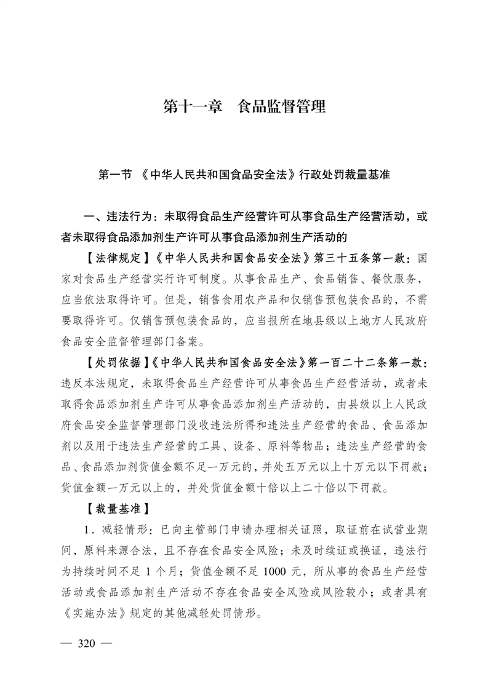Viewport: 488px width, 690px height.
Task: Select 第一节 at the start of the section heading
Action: coord(115,175)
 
